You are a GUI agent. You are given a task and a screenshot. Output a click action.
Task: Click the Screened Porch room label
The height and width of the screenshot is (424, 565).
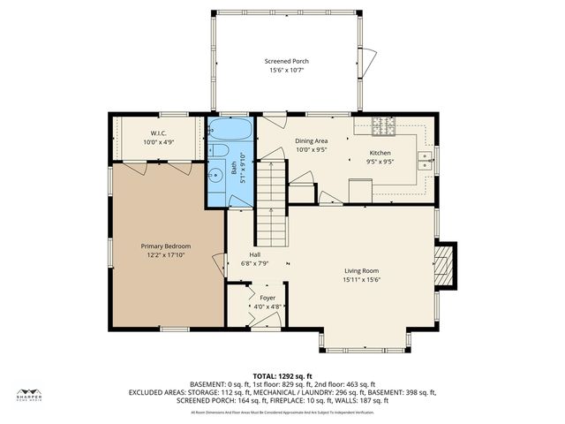[x=287, y=61]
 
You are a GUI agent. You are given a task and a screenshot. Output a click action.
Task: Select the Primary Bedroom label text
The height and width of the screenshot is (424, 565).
[x=166, y=246]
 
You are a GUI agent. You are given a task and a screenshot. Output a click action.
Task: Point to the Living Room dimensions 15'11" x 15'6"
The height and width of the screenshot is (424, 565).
[x=361, y=280]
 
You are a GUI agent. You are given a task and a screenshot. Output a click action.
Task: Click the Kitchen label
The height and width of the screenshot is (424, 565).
[x=380, y=153]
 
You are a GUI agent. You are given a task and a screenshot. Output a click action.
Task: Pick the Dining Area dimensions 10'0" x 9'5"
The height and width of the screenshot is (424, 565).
[x=310, y=149]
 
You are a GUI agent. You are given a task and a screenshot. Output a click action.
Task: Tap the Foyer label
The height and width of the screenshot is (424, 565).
[x=267, y=298]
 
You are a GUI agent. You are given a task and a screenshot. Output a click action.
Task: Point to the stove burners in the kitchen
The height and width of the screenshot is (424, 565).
[x=384, y=129]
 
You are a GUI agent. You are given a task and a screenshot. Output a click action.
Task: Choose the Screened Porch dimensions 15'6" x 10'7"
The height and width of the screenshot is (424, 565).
[x=287, y=70]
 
